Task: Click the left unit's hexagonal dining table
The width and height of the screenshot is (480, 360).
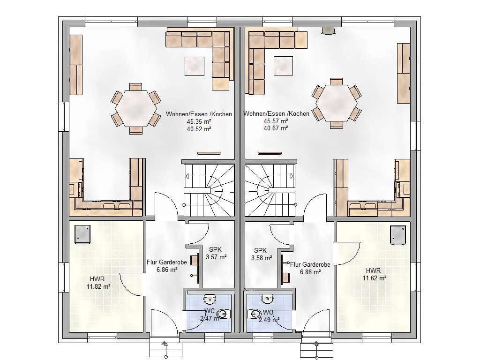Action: (x=136, y=108)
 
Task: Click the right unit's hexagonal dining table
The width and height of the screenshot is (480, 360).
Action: (x=337, y=103)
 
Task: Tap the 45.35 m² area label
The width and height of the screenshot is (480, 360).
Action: (x=199, y=121)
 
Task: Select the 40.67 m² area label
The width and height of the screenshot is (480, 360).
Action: (x=276, y=128)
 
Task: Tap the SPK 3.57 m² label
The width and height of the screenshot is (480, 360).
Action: (x=216, y=253)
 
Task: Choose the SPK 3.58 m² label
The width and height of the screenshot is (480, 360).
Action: (x=262, y=254)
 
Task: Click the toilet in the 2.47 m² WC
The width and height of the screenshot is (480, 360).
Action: (x=224, y=314)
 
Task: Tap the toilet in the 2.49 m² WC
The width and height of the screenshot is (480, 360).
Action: (x=254, y=314)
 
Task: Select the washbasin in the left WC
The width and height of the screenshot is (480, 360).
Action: (x=210, y=298)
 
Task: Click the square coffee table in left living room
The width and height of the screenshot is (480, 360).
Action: (x=195, y=66)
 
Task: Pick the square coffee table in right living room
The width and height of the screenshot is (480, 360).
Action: (x=283, y=66)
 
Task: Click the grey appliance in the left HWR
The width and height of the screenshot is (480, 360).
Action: (x=82, y=234)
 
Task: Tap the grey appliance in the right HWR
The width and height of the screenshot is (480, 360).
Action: (x=398, y=235)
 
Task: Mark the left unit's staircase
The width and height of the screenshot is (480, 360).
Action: (x=209, y=190)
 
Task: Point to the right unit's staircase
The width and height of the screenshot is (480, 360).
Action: (x=270, y=190)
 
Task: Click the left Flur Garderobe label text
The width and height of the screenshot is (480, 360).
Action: (x=167, y=262)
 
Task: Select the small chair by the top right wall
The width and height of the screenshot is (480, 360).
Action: (x=329, y=30)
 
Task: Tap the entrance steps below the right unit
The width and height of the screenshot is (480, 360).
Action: (x=316, y=349)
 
